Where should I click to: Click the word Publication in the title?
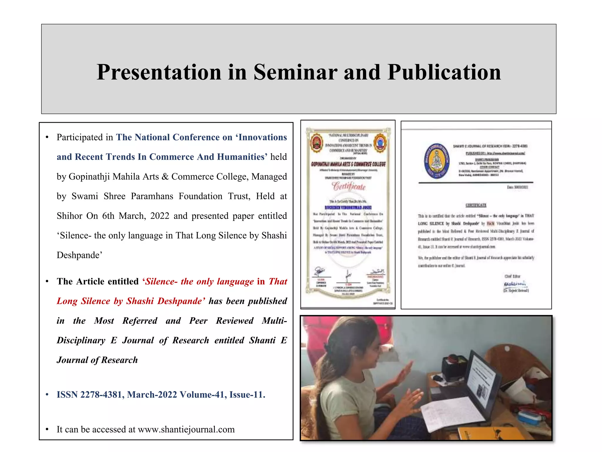coord(444,72)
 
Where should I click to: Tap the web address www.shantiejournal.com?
coord(186,429)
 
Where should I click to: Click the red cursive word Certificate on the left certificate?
coord(349,186)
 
